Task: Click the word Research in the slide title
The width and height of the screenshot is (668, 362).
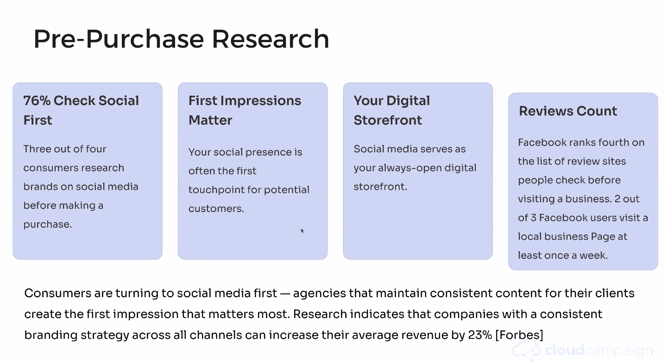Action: [271, 39]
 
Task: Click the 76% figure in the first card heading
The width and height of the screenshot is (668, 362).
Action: [37, 101]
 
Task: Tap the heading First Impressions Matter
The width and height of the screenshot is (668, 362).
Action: [245, 110]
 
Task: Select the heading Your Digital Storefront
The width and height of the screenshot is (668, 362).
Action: [391, 110]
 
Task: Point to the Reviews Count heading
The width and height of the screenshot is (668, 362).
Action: [568, 111]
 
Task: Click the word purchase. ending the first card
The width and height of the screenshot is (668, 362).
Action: [48, 225]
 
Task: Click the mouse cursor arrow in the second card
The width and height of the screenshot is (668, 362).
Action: [302, 231]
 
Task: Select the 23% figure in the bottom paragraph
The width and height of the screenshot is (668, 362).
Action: [480, 335]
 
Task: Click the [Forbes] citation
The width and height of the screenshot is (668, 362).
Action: [519, 335]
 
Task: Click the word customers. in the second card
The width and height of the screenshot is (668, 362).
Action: [216, 209]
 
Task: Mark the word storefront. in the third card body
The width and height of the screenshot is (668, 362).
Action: [380, 187]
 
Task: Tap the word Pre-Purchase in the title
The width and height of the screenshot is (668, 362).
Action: [119, 39]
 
